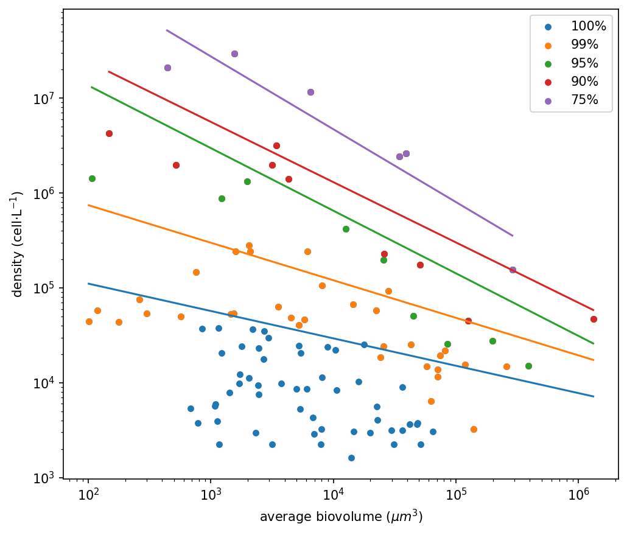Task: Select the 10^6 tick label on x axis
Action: click(578, 493)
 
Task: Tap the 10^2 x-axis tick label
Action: click(88, 493)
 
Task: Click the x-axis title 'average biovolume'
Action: click(341, 517)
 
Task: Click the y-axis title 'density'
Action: click(17, 243)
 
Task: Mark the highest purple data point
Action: click(234, 54)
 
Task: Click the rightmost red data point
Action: click(594, 319)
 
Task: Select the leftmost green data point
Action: click(92, 178)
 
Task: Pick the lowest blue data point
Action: click(351, 458)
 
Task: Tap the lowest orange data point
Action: click(474, 429)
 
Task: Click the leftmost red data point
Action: click(109, 133)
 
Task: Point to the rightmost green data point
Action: click(528, 366)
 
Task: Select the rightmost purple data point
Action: click(513, 270)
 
